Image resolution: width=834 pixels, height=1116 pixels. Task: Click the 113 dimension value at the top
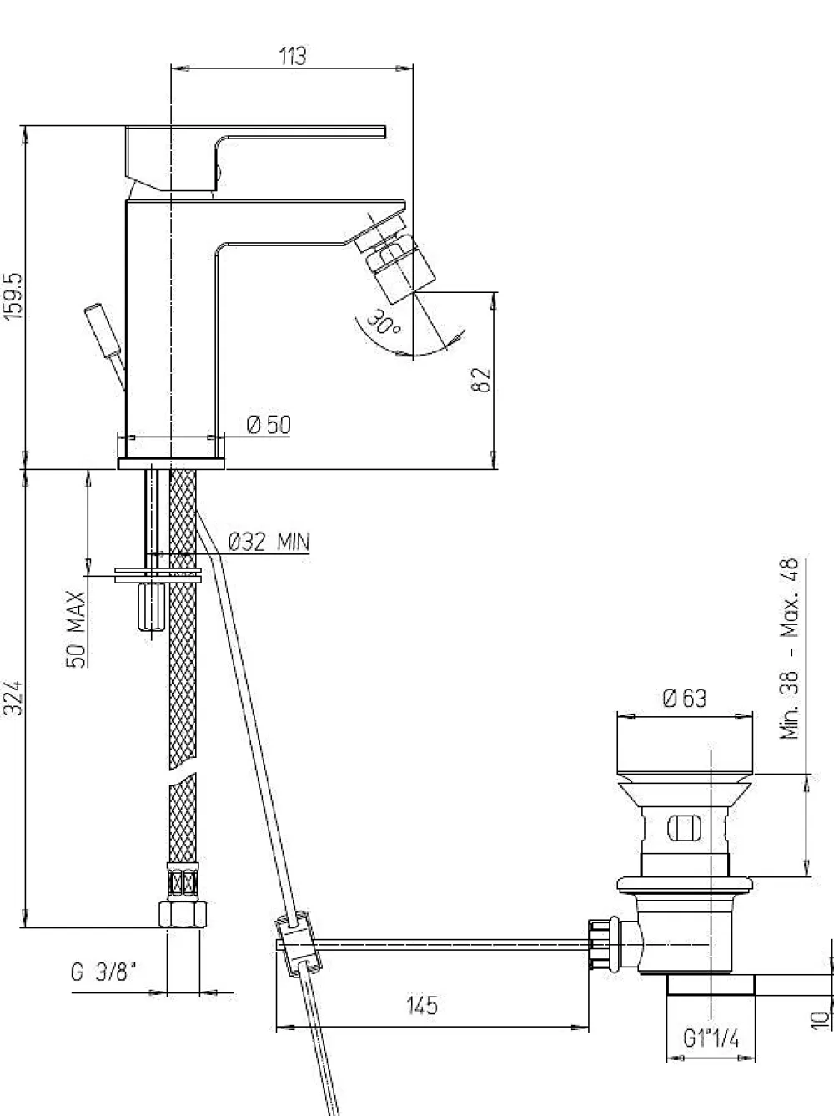click(293, 56)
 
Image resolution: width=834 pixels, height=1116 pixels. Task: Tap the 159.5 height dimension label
click(13, 296)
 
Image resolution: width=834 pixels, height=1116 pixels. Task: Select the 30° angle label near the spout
click(383, 322)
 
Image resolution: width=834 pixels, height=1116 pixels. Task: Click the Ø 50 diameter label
click(269, 425)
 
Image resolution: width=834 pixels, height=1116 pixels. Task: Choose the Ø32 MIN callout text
click(269, 542)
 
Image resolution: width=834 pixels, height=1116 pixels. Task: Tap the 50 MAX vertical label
click(76, 629)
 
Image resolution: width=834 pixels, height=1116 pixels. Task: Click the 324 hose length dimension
click(14, 698)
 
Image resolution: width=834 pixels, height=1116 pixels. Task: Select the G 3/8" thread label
click(104, 972)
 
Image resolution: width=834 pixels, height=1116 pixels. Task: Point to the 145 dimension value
click(422, 1005)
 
